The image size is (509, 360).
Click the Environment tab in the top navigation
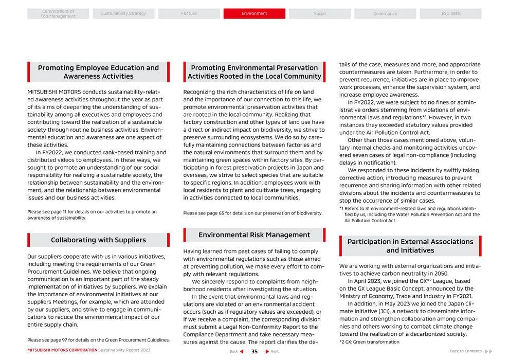[254, 13]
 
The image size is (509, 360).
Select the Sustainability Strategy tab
[123, 13]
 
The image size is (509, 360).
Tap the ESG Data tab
[450, 13]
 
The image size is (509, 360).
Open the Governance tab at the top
[385, 13]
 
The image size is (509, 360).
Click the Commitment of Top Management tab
[58, 14]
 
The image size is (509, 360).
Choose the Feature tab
[189, 13]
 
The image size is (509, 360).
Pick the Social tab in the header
[320, 13]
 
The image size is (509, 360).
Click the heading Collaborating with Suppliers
[98, 240]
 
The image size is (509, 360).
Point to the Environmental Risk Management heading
[254, 235]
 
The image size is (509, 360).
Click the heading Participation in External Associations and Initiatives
[410, 246]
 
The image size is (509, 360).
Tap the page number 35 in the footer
[254, 352]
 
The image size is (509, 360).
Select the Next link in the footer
[272, 352]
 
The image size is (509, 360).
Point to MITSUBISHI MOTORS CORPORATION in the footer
[62, 350]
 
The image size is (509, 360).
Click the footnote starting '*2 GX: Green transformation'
[369, 342]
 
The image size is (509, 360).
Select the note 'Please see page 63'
[253, 213]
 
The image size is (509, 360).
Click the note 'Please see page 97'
[98, 340]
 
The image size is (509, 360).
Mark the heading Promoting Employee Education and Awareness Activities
[98, 72]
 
